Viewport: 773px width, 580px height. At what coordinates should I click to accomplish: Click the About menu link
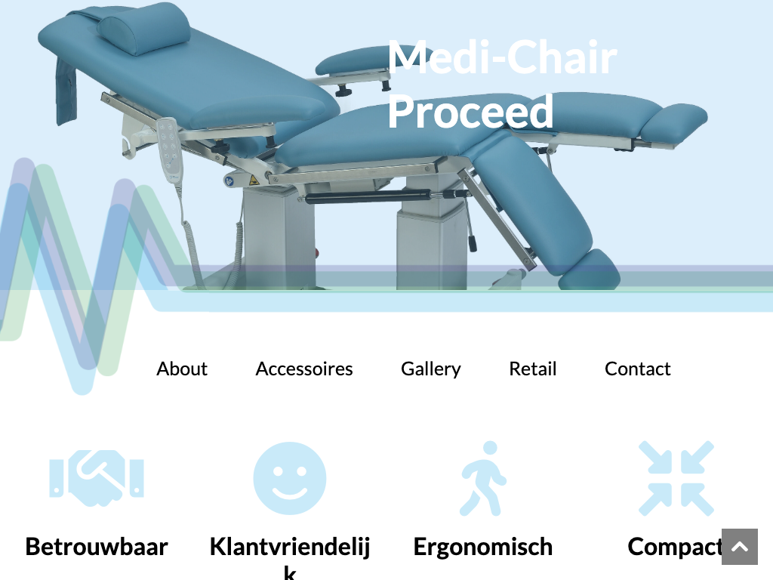[x=182, y=369]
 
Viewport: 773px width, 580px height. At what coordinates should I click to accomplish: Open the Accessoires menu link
[x=304, y=369]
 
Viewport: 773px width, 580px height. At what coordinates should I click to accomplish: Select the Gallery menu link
[x=431, y=369]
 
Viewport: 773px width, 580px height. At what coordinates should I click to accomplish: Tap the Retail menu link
[x=532, y=369]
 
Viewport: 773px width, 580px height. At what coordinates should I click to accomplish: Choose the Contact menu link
[x=637, y=369]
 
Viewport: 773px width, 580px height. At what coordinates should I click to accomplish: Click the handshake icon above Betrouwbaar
[x=97, y=478]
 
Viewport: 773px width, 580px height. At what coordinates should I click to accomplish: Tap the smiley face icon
[x=290, y=478]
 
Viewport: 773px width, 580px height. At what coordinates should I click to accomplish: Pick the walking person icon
[x=483, y=478]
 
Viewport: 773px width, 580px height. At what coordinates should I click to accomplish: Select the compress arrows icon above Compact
[x=676, y=478]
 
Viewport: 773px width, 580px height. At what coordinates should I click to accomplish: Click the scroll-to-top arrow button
[x=740, y=547]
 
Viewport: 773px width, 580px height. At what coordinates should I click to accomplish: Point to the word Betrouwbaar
[x=97, y=547]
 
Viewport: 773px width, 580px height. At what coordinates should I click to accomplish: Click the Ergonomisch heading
[x=483, y=547]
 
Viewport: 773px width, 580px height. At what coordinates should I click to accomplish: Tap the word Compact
[x=675, y=547]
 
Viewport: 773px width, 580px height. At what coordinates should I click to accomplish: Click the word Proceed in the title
[x=470, y=112]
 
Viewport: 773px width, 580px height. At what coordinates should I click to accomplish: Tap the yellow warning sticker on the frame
[x=254, y=180]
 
